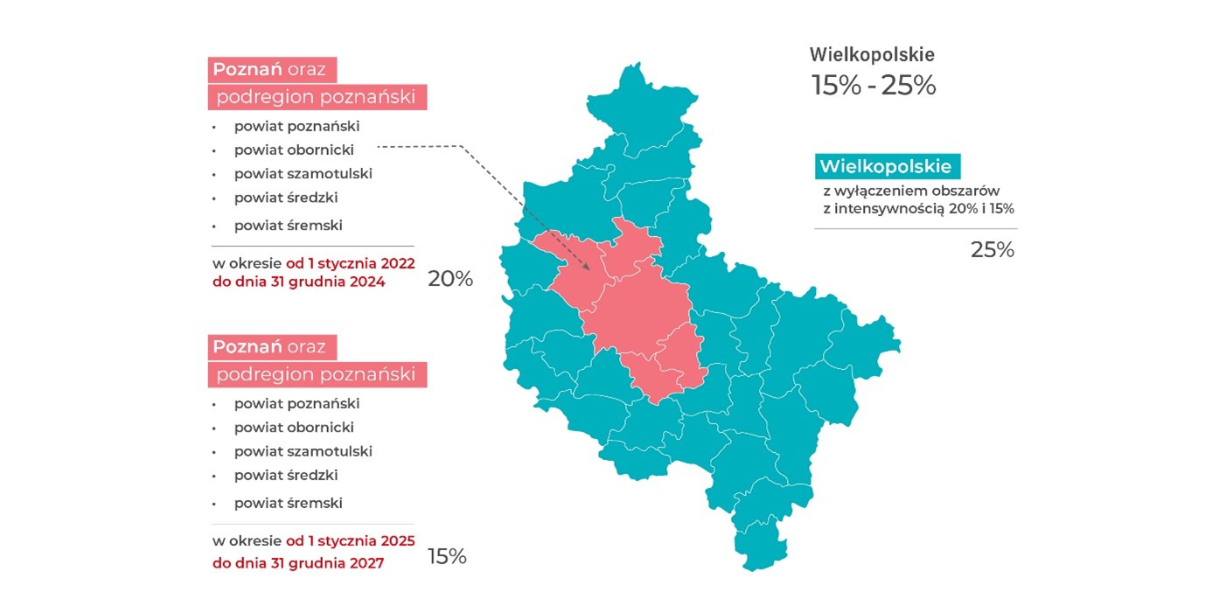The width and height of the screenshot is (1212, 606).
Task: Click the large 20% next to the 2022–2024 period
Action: coord(449,279)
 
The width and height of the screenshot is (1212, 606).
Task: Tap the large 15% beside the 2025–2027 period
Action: coord(447,557)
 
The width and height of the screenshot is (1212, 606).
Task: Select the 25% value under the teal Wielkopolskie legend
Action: coord(992,250)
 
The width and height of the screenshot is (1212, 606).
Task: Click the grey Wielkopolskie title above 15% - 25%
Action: coord(871,55)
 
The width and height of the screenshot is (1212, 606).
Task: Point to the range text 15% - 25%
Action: coord(873,87)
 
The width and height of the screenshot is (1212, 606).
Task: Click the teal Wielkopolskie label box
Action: coord(888,166)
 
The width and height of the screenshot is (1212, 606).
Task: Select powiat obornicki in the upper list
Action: coord(294,150)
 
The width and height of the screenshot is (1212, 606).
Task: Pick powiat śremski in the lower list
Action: coord(288,503)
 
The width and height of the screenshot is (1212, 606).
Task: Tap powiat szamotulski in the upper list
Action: coord(303,173)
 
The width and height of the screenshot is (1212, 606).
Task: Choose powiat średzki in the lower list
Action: coord(286,475)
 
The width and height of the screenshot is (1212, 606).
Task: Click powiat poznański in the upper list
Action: coord(296,126)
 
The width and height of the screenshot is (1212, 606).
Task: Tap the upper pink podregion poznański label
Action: coord(317,97)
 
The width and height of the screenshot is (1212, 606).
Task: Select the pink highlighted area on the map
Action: coord(638,315)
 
